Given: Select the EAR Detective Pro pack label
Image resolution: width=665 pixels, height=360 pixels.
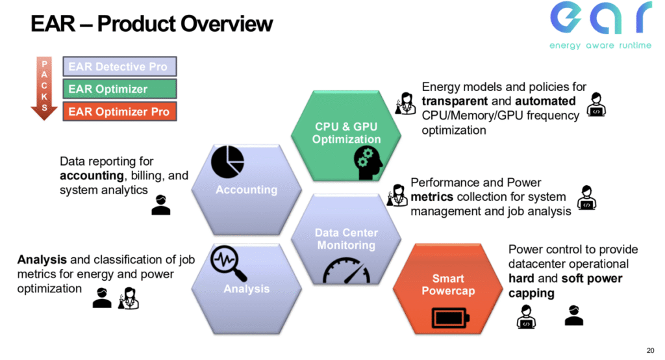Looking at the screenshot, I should click(120, 67).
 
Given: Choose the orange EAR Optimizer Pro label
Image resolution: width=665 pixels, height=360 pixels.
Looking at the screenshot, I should click(120, 111).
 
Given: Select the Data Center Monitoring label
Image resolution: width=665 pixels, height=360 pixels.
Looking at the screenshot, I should click(346, 239).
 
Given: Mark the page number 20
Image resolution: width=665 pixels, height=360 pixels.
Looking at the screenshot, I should click(651, 347).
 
